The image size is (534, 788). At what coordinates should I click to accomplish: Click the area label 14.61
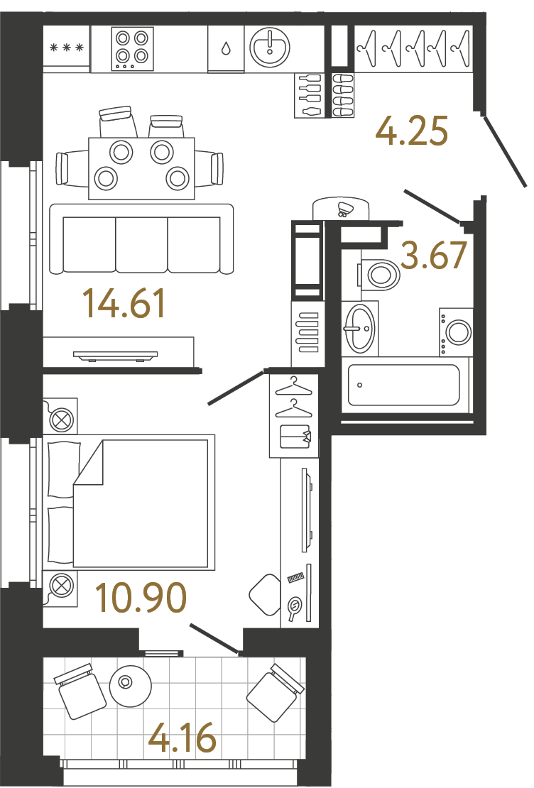[124, 304]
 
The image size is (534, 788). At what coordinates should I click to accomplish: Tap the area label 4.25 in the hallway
[411, 131]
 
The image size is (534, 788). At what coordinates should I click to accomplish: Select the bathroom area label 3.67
[433, 255]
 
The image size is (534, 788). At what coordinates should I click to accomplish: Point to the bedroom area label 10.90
[141, 598]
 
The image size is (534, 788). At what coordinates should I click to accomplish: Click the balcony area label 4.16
[182, 738]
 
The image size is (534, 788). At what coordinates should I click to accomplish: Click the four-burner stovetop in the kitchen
[132, 48]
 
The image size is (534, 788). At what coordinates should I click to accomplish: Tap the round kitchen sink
[270, 48]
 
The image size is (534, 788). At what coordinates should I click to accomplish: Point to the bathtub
[404, 385]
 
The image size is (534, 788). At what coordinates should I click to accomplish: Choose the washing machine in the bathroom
[456, 332]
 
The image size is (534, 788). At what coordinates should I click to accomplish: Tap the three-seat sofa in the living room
[141, 239]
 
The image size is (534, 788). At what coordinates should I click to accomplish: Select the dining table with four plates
[141, 168]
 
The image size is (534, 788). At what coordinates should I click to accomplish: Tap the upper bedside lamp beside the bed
[60, 415]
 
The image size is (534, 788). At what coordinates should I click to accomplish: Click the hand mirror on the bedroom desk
[294, 606]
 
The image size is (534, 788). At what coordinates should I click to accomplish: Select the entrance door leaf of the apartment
[505, 151]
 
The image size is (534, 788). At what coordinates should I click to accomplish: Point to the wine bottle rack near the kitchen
[307, 96]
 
